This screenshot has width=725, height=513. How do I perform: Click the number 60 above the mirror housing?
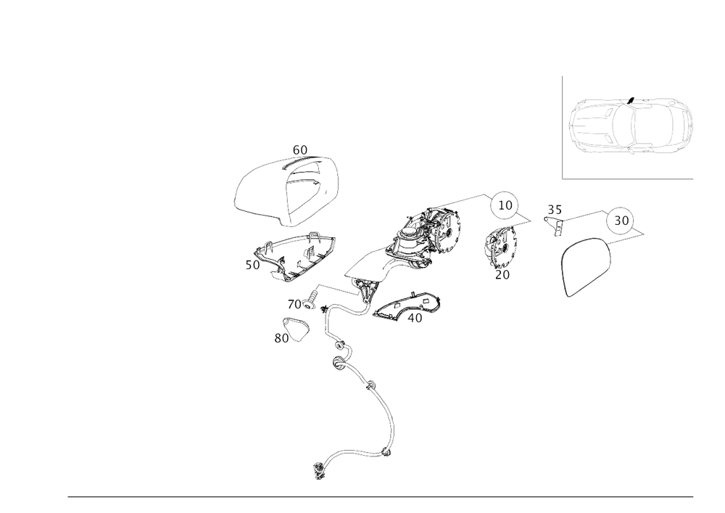click(300, 150)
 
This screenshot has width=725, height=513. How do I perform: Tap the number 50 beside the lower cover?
click(253, 266)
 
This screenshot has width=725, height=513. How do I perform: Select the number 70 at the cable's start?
click(294, 303)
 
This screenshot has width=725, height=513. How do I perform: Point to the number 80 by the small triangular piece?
click(280, 337)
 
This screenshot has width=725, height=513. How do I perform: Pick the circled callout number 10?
click(504, 206)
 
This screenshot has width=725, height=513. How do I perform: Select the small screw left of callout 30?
click(555, 218)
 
